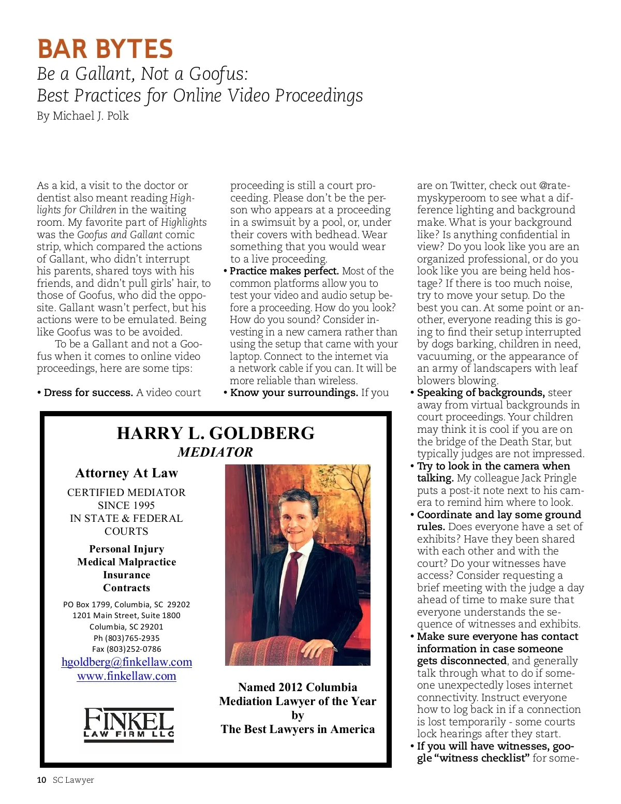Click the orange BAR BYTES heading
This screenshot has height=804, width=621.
pos(105,49)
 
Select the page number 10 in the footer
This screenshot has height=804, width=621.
pos(41,780)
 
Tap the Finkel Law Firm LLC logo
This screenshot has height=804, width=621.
pos(129,724)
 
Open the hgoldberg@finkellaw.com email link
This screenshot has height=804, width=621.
pos(127,662)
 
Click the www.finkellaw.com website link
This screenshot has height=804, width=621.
pos(127,676)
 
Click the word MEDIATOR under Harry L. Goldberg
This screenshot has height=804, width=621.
pos(215,452)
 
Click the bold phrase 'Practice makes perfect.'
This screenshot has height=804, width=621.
pos(284,271)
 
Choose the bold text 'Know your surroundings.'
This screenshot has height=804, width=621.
pos(294,393)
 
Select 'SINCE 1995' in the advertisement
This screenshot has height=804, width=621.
pos(126,505)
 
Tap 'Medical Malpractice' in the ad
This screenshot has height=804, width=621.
pos(127,562)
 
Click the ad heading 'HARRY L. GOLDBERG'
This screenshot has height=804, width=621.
pos(215,433)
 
